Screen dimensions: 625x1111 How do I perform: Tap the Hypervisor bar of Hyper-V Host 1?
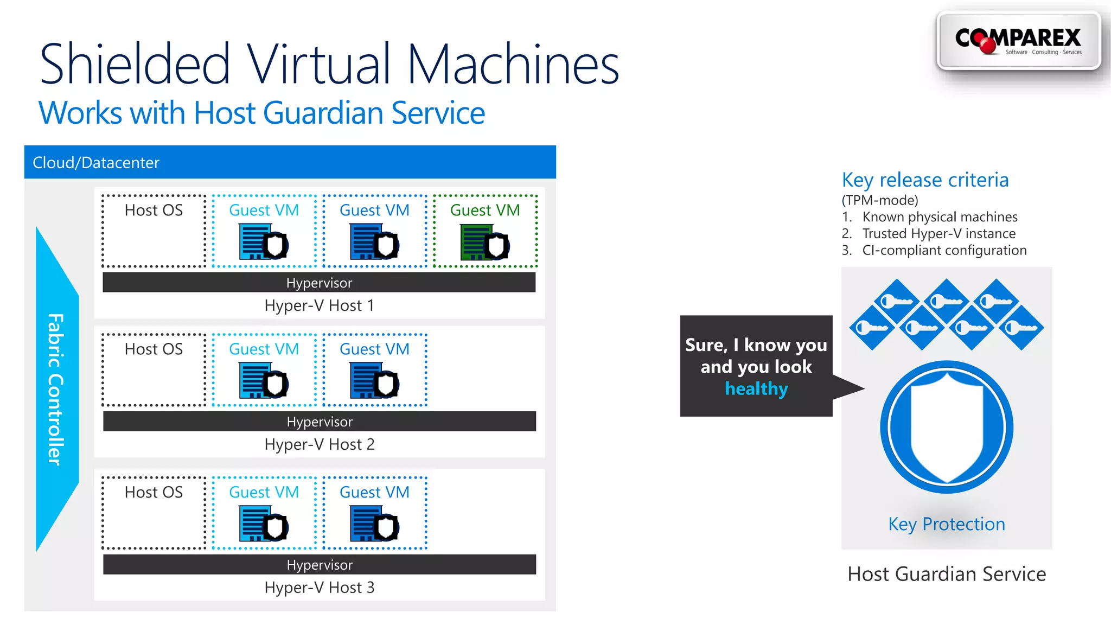tap(319, 283)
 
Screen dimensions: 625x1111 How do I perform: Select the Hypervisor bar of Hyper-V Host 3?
tap(319, 565)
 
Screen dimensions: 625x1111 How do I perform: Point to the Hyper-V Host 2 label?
tap(319, 444)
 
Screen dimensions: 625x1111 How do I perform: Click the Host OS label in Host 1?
tap(154, 211)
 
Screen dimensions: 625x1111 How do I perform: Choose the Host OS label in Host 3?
tap(154, 493)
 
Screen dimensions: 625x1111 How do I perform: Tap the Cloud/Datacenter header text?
tap(96, 163)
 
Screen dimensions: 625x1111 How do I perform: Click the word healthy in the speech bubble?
tap(756, 389)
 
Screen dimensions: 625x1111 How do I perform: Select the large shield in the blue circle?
tap(947, 427)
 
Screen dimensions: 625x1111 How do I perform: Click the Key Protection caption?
tap(947, 524)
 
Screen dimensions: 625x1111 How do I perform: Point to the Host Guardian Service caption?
tap(947, 574)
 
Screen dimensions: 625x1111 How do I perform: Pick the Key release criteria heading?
tap(925, 180)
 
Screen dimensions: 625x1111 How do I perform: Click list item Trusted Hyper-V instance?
tap(938, 234)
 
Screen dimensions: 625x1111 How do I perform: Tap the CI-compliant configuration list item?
tap(944, 251)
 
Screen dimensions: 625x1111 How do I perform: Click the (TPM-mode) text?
tap(880, 200)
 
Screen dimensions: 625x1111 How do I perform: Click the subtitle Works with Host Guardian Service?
tap(261, 113)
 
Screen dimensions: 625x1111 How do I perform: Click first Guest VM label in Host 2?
tap(264, 349)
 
